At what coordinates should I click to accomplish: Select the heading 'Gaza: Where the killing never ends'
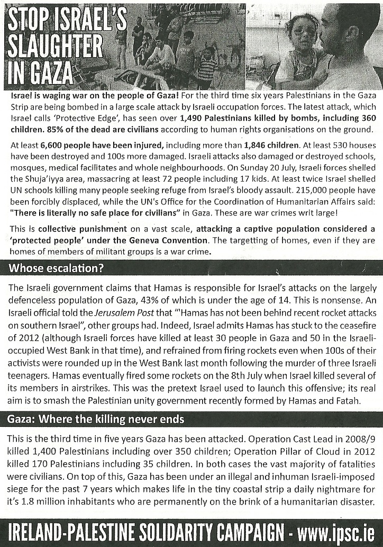(x=96, y=420)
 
